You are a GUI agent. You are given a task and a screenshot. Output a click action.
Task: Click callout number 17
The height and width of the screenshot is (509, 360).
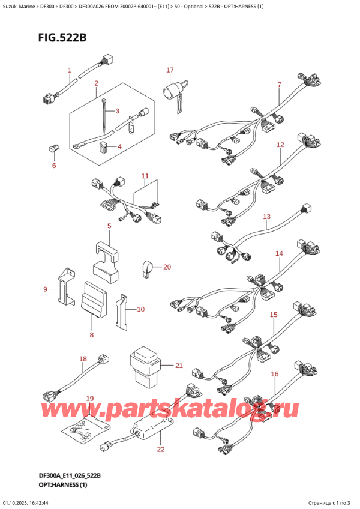click(x=170, y=71)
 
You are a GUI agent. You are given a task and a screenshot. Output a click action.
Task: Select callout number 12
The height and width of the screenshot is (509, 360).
click(x=280, y=145)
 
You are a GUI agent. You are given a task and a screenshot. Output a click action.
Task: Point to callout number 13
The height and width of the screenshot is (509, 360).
click(x=266, y=217)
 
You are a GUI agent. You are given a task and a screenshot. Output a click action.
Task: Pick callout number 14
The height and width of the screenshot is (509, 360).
click(x=279, y=254)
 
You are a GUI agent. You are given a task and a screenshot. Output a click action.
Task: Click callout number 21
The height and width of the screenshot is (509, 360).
click(x=179, y=366)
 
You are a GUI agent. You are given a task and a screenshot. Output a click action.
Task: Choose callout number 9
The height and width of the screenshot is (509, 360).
click(x=45, y=290)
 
